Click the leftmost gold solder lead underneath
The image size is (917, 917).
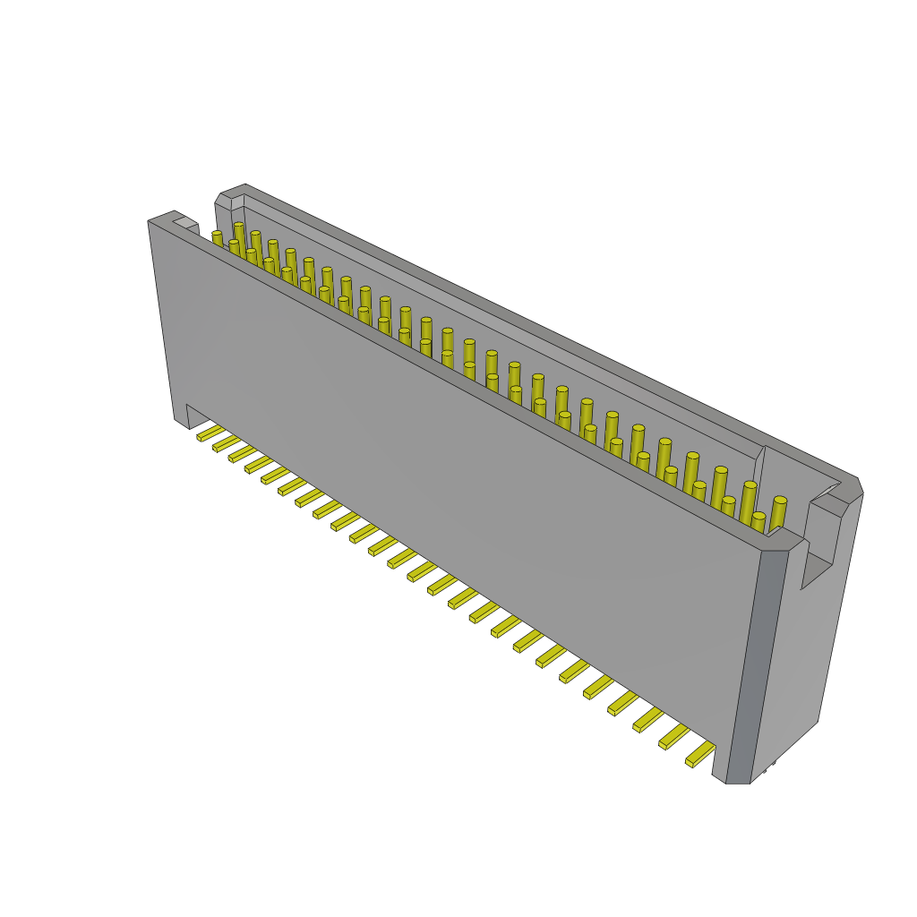(x=210, y=433)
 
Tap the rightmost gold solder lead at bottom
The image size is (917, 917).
(x=700, y=755)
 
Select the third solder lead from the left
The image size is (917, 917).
(x=243, y=454)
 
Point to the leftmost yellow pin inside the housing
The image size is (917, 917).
(x=217, y=236)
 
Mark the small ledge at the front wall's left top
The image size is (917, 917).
(x=185, y=222)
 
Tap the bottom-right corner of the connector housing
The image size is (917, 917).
(x=739, y=782)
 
